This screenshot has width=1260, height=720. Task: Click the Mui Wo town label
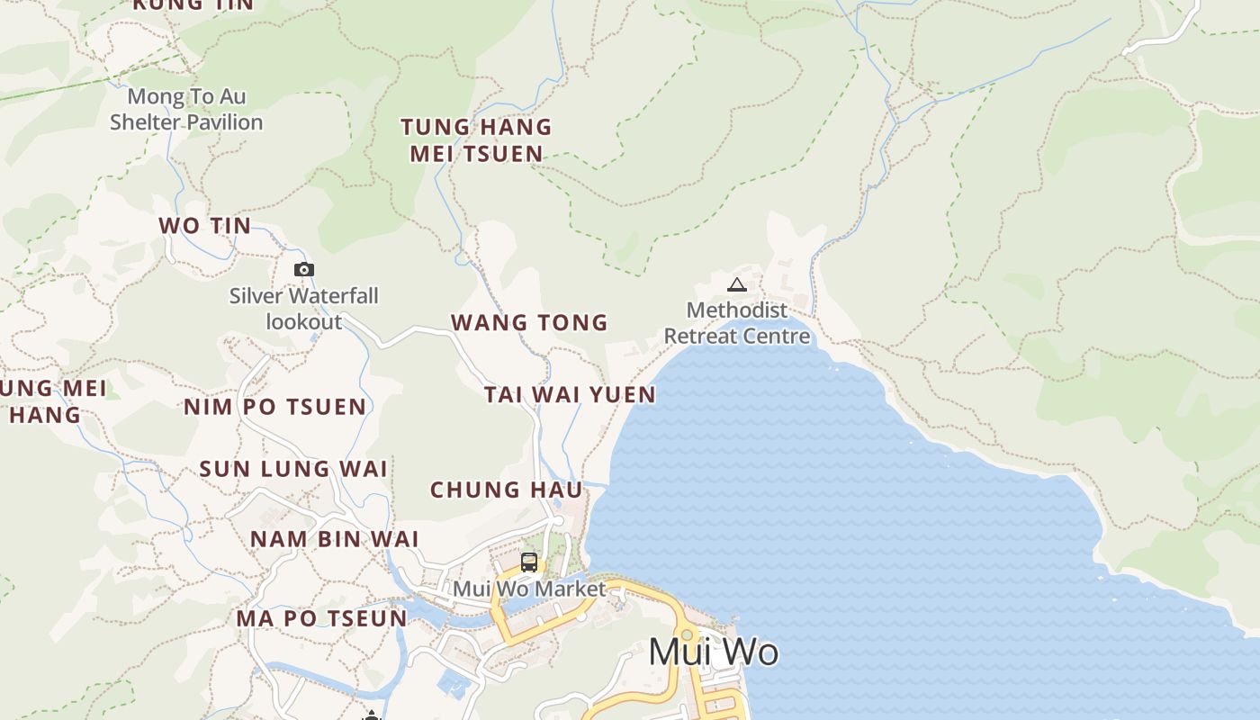click(x=713, y=652)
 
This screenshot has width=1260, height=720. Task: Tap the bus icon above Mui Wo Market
click(x=529, y=562)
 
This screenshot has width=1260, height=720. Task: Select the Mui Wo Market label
click(x=529, y=589)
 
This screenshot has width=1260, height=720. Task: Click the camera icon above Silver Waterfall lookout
click(x=304, y=269)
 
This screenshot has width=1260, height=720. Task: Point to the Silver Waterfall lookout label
click(x=304, y=309)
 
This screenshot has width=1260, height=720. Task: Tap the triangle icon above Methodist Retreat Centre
click(x=737, y=285)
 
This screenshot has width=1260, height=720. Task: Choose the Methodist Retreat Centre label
click(x=737, y=323)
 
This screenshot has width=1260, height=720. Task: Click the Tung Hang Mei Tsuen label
click(x=476, y=140)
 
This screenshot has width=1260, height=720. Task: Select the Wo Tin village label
click(x=205, y=226)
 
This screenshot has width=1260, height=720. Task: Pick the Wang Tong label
click(x=529, y=322)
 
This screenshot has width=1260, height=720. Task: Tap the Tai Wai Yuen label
click(x=570, y=394)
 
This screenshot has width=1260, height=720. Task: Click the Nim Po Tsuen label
click(x=275, y=407)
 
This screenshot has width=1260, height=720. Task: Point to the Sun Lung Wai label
click(x=293, y=469)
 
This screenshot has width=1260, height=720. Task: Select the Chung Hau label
click(x=507, y=490)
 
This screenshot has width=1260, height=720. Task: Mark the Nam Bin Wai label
click(x=335, y=539)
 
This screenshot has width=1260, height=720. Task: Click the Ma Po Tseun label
click(x=322, y=619)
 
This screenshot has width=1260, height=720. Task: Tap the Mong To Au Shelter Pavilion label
click(x=186, y=109)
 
